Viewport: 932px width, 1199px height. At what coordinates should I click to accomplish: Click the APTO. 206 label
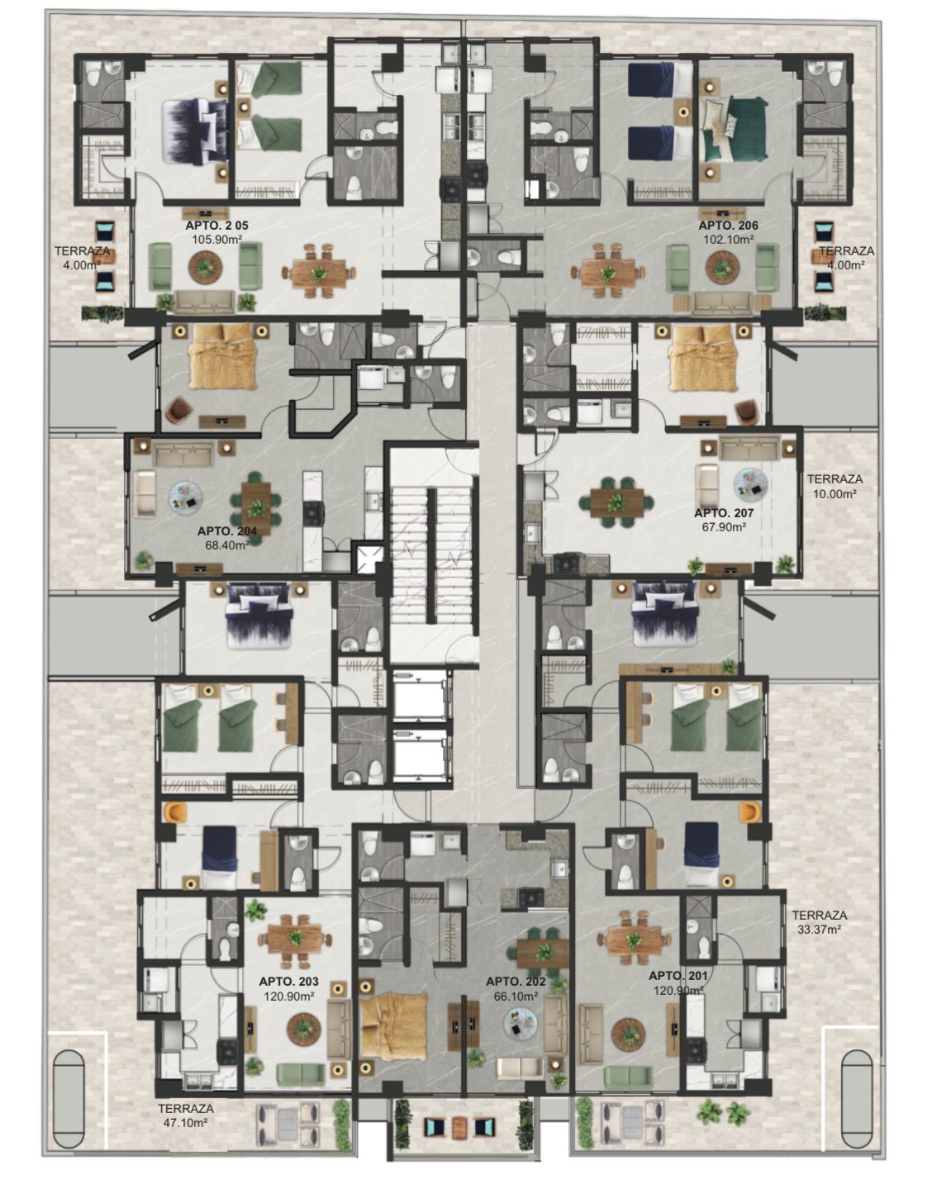point(728,225)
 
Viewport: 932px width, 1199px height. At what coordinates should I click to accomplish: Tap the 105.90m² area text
point(217,240)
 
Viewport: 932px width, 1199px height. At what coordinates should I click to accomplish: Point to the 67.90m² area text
point(724,527)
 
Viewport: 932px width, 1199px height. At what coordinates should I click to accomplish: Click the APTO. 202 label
point(516,982)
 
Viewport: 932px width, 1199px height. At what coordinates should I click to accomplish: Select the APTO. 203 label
point(288,982)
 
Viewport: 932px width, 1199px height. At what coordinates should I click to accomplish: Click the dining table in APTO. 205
point(319,273)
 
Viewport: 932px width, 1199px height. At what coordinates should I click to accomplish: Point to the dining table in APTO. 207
point(616,502)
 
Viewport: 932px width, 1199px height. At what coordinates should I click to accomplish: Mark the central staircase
point(432,557)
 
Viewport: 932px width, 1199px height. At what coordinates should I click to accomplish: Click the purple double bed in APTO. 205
point(194,131)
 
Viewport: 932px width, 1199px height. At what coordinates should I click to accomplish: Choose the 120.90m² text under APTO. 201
point(678,991)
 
